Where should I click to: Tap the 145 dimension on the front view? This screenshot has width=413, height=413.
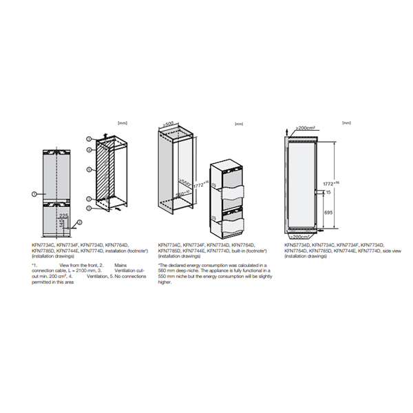(62, 224)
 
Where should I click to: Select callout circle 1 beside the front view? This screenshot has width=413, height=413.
(34, 195)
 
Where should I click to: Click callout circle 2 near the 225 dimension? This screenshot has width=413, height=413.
(80, 222)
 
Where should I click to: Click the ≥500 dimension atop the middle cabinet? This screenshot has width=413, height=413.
(168, 125)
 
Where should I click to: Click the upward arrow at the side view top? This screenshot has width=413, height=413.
(288, 129)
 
